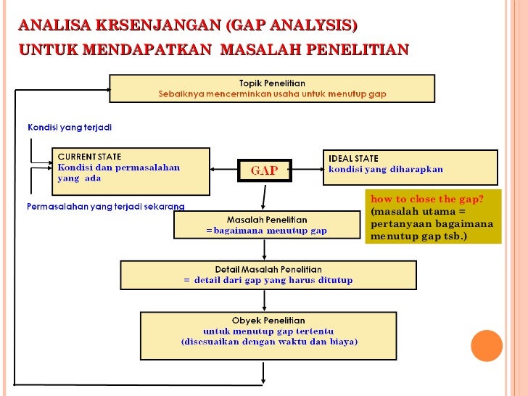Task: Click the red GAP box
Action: [264, 171]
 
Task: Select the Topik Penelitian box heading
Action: [272, 83]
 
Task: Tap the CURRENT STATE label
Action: [89, 157]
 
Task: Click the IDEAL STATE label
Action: [353, 159]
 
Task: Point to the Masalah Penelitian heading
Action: [266, 219]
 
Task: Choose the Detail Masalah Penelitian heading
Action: [268, 269]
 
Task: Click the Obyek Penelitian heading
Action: [268, 320]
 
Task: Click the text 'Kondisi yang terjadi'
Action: [70, 128]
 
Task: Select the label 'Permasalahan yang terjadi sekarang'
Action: [105, 207]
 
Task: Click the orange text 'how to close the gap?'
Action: [426, 199]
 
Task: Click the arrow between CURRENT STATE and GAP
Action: [224, 171]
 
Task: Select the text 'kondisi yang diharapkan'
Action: [385, 170]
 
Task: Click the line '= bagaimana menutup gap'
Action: [266, 231]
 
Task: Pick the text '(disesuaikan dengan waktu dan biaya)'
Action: [269, 342]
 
